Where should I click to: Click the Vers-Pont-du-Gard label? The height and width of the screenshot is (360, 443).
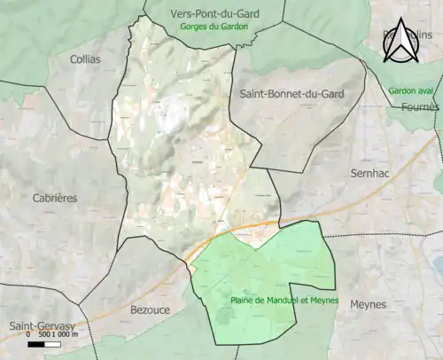(x=214, y=14)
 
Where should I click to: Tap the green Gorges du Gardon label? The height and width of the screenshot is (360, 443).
(x=214, y=27)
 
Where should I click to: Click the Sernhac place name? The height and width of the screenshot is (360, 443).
(x=371, y=174)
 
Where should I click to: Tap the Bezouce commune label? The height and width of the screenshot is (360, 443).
(x=151, y=309)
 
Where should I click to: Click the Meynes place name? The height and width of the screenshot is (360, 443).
(x=369, y=304)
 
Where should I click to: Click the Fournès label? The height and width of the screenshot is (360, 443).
(x=419, y=106)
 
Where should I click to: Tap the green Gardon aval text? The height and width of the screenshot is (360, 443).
(x=413, y=91)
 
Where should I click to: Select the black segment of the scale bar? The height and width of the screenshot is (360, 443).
(x=37, y=343)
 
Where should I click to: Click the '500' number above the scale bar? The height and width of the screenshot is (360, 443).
(x=43, y=335)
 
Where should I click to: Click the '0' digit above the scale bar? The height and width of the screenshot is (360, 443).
(x=28, y=335)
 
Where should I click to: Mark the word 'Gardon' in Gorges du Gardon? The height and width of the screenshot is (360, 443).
(x=234, y=27)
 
